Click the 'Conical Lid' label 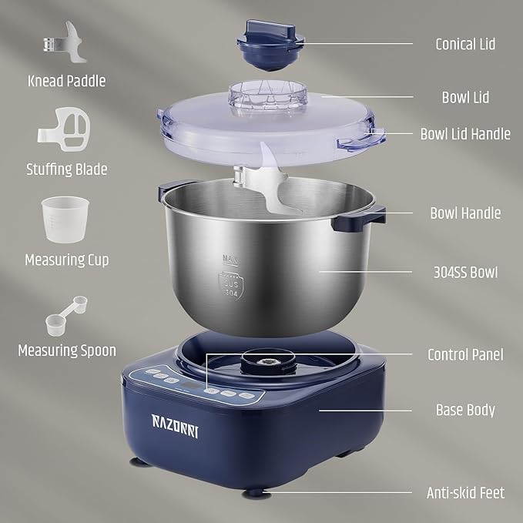click(x=464, y=44)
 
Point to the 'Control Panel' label click(x=465, y=354)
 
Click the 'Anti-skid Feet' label click(x=465, y=491)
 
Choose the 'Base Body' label click(x=465, y=410)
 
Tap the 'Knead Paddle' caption click(x=66, y=80)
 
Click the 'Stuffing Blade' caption click(x=66, y=169)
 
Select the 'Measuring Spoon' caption click(x=67, y=350)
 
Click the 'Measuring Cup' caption click(x=67, y=260)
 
